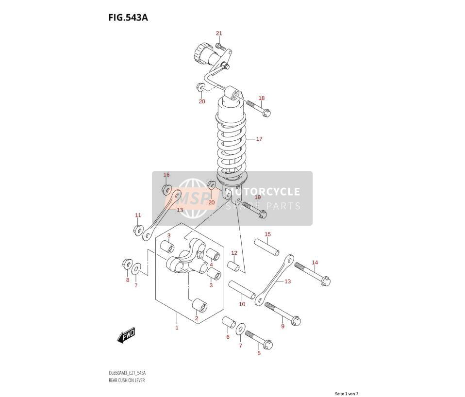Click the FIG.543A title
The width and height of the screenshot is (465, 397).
pyautogui.click(x=128, y=17)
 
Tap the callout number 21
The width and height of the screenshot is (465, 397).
pyautogui.click(x=219, y=33)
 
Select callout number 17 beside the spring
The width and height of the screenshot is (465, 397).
pyautogui.click(x=259, y=139)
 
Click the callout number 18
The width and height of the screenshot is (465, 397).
pyautogui.click(x=261, y=98)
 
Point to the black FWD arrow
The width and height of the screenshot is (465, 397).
pyautogui.click(x=126, y=335)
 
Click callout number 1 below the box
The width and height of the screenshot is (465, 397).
pyautogui.click(x=177, y=328)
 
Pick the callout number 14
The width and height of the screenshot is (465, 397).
pyautogui.click(x=315, y=263)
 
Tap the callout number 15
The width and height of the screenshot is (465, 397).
pyautogui.click(x=267, y=234)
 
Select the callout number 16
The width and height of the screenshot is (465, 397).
pyautogui.click(x=166, y=175)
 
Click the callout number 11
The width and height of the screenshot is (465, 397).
pyautogui.click(x=138, y=215)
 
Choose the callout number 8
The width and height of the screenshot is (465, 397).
pyautogui.click(x=128, y=280)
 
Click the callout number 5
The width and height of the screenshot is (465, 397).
pyautogui.click(x=259, y=353)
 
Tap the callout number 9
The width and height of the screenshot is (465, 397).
pyautogui.click(x=282, y=326)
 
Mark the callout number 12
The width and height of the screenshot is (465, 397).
pyautogui.click(x=234, y=253)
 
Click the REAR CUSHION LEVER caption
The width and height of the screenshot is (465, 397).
pyautogui.click(x=127, y=380)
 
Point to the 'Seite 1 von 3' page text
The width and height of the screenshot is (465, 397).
pyautogui.click(x=347, y=394)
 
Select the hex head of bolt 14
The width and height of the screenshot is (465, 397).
pyautogui.click(x=325, y=281)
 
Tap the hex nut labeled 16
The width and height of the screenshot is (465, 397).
pyautogui.click(x=166, y=189)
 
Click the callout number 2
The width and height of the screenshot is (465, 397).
pyautogui.click(x=196, y=318)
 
